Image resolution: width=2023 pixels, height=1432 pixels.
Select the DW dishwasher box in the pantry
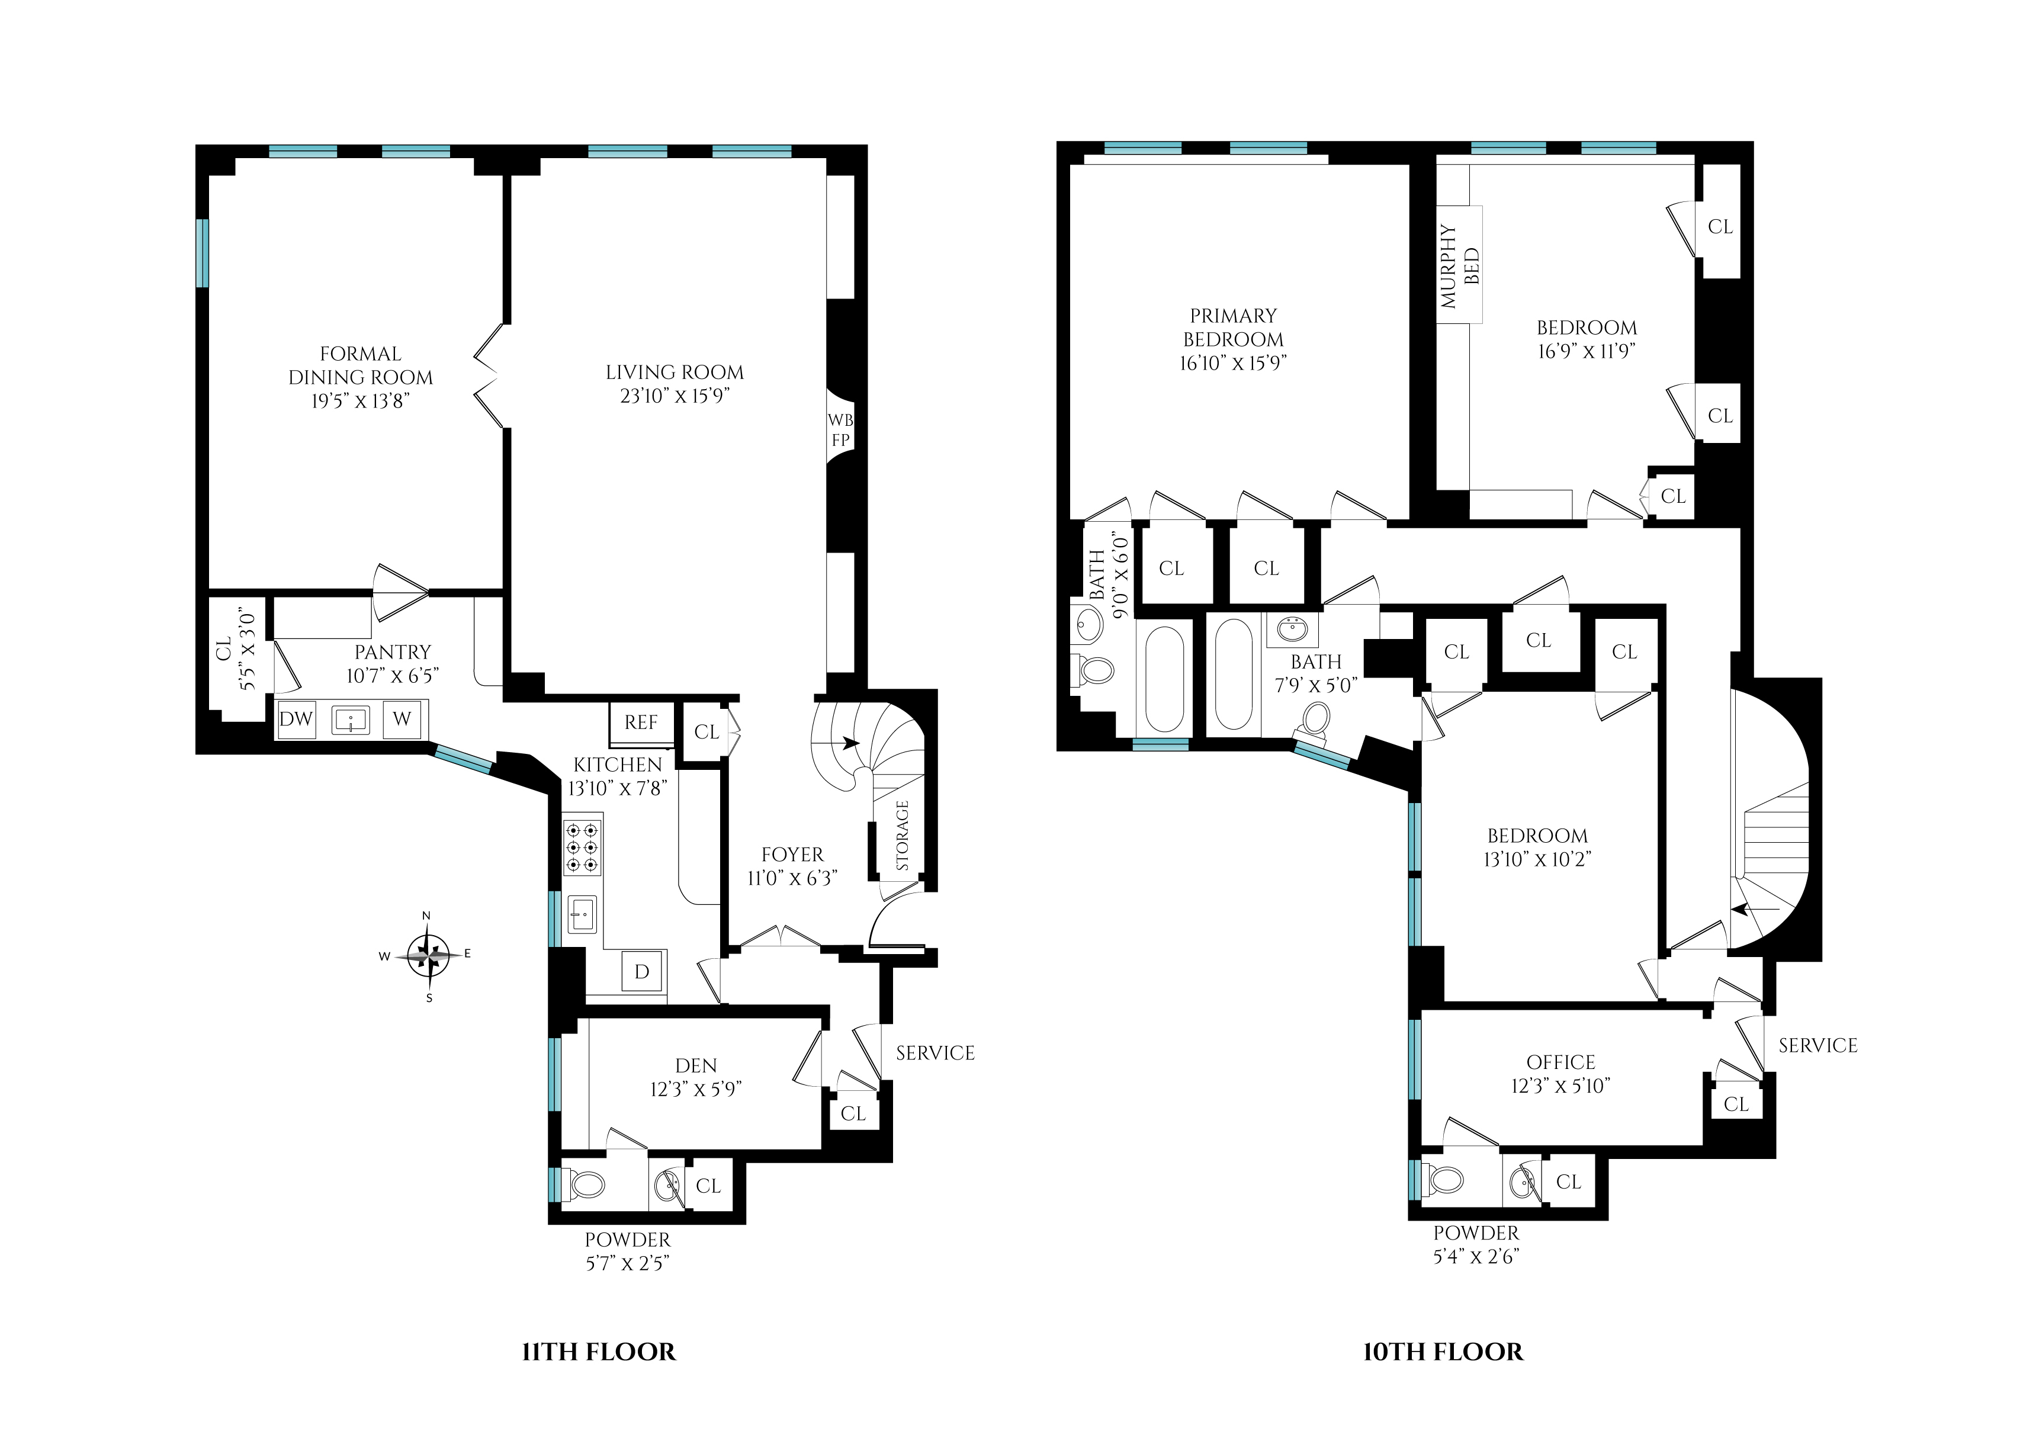[296, 718]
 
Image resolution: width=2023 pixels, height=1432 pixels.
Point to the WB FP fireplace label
[840, 429]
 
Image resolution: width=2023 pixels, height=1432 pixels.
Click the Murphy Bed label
[1459, 265]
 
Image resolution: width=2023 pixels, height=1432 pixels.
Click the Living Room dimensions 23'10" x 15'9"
[675, 396]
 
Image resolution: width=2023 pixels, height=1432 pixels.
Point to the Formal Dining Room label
[361, 365]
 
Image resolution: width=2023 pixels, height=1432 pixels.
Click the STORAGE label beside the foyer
[902, 835]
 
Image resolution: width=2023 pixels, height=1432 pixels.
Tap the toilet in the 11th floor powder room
[586, 1183]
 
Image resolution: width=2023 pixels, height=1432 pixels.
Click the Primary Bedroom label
[1233, 327]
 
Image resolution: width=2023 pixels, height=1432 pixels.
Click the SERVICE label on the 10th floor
[1818, 1046]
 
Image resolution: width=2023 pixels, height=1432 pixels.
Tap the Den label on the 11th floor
[696, 1065]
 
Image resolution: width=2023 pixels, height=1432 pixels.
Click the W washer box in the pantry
[402, 718]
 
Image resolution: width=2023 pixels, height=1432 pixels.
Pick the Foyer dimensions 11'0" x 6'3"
[792, 878]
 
